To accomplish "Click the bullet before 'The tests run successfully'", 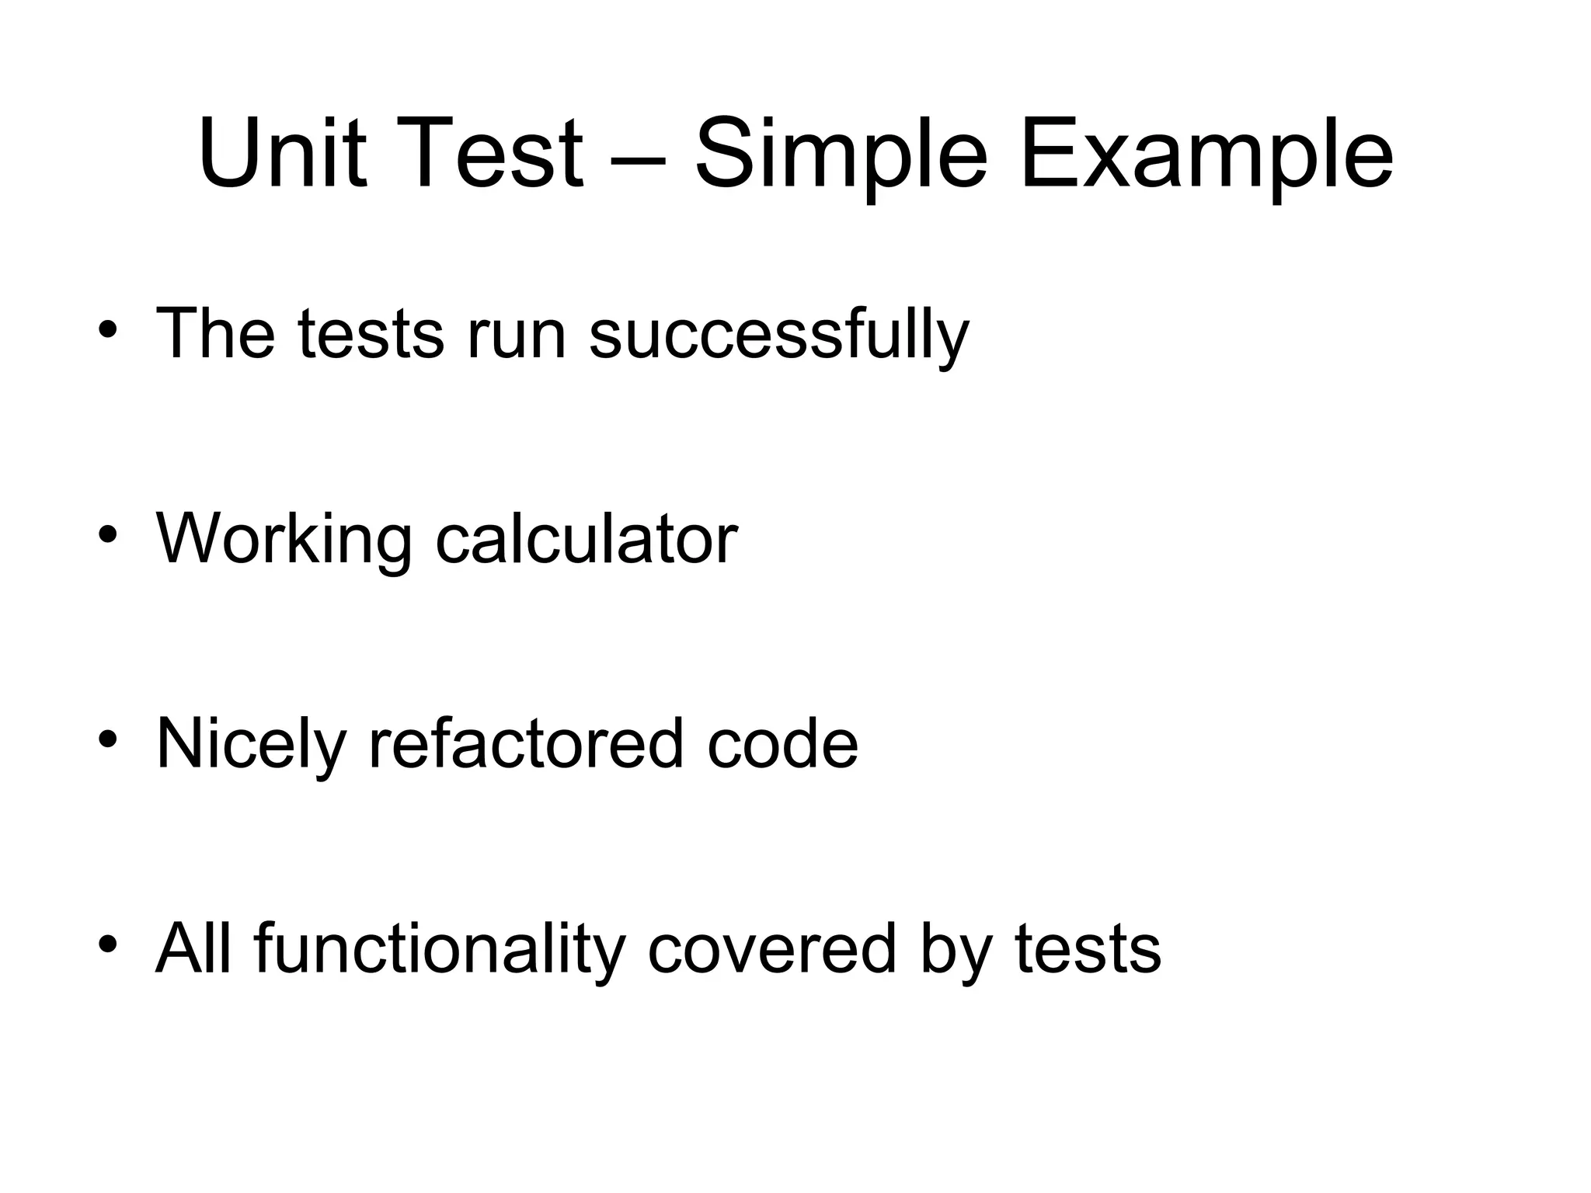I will [x=108, y=329].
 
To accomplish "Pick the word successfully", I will [x=779, y=334].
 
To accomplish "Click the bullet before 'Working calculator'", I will [x=108, y=534].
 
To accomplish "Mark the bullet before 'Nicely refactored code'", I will [x=108, y=739].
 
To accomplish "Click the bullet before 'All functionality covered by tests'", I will [x=108, y=943].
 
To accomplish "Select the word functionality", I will [x=440, y=949].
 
